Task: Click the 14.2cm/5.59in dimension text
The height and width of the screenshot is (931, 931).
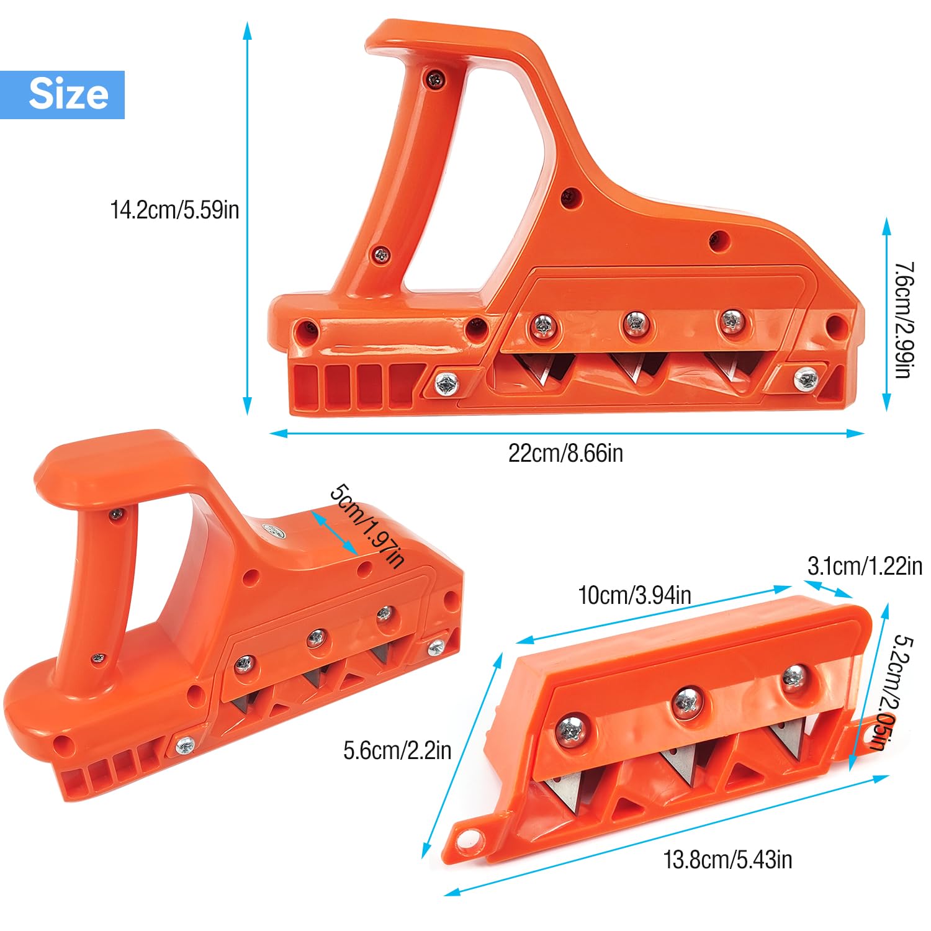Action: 174,210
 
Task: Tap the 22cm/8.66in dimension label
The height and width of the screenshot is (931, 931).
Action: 565,453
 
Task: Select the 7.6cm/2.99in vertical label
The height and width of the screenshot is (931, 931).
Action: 902,320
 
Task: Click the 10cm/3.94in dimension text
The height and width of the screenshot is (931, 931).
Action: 634,595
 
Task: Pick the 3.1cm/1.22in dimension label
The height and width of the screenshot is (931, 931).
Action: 864,566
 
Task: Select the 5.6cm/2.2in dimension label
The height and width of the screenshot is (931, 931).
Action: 397,750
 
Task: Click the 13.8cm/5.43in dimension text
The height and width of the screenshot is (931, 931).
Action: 727,860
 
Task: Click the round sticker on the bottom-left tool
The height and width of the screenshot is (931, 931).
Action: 272,531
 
